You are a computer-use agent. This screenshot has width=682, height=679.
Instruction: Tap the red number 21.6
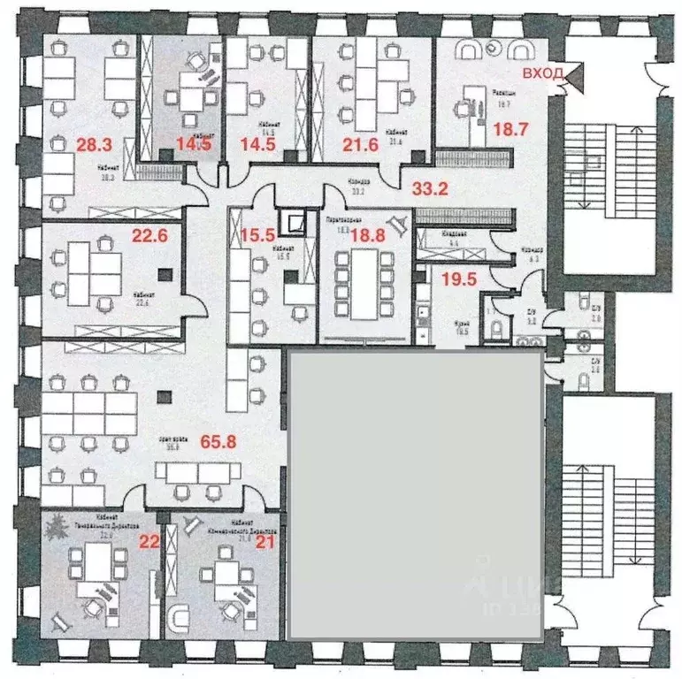point(361,143)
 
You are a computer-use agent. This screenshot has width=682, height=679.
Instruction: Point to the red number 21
point(263,540)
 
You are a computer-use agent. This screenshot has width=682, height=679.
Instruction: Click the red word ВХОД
point(541,73)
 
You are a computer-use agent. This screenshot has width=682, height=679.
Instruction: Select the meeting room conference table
point(364,278)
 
